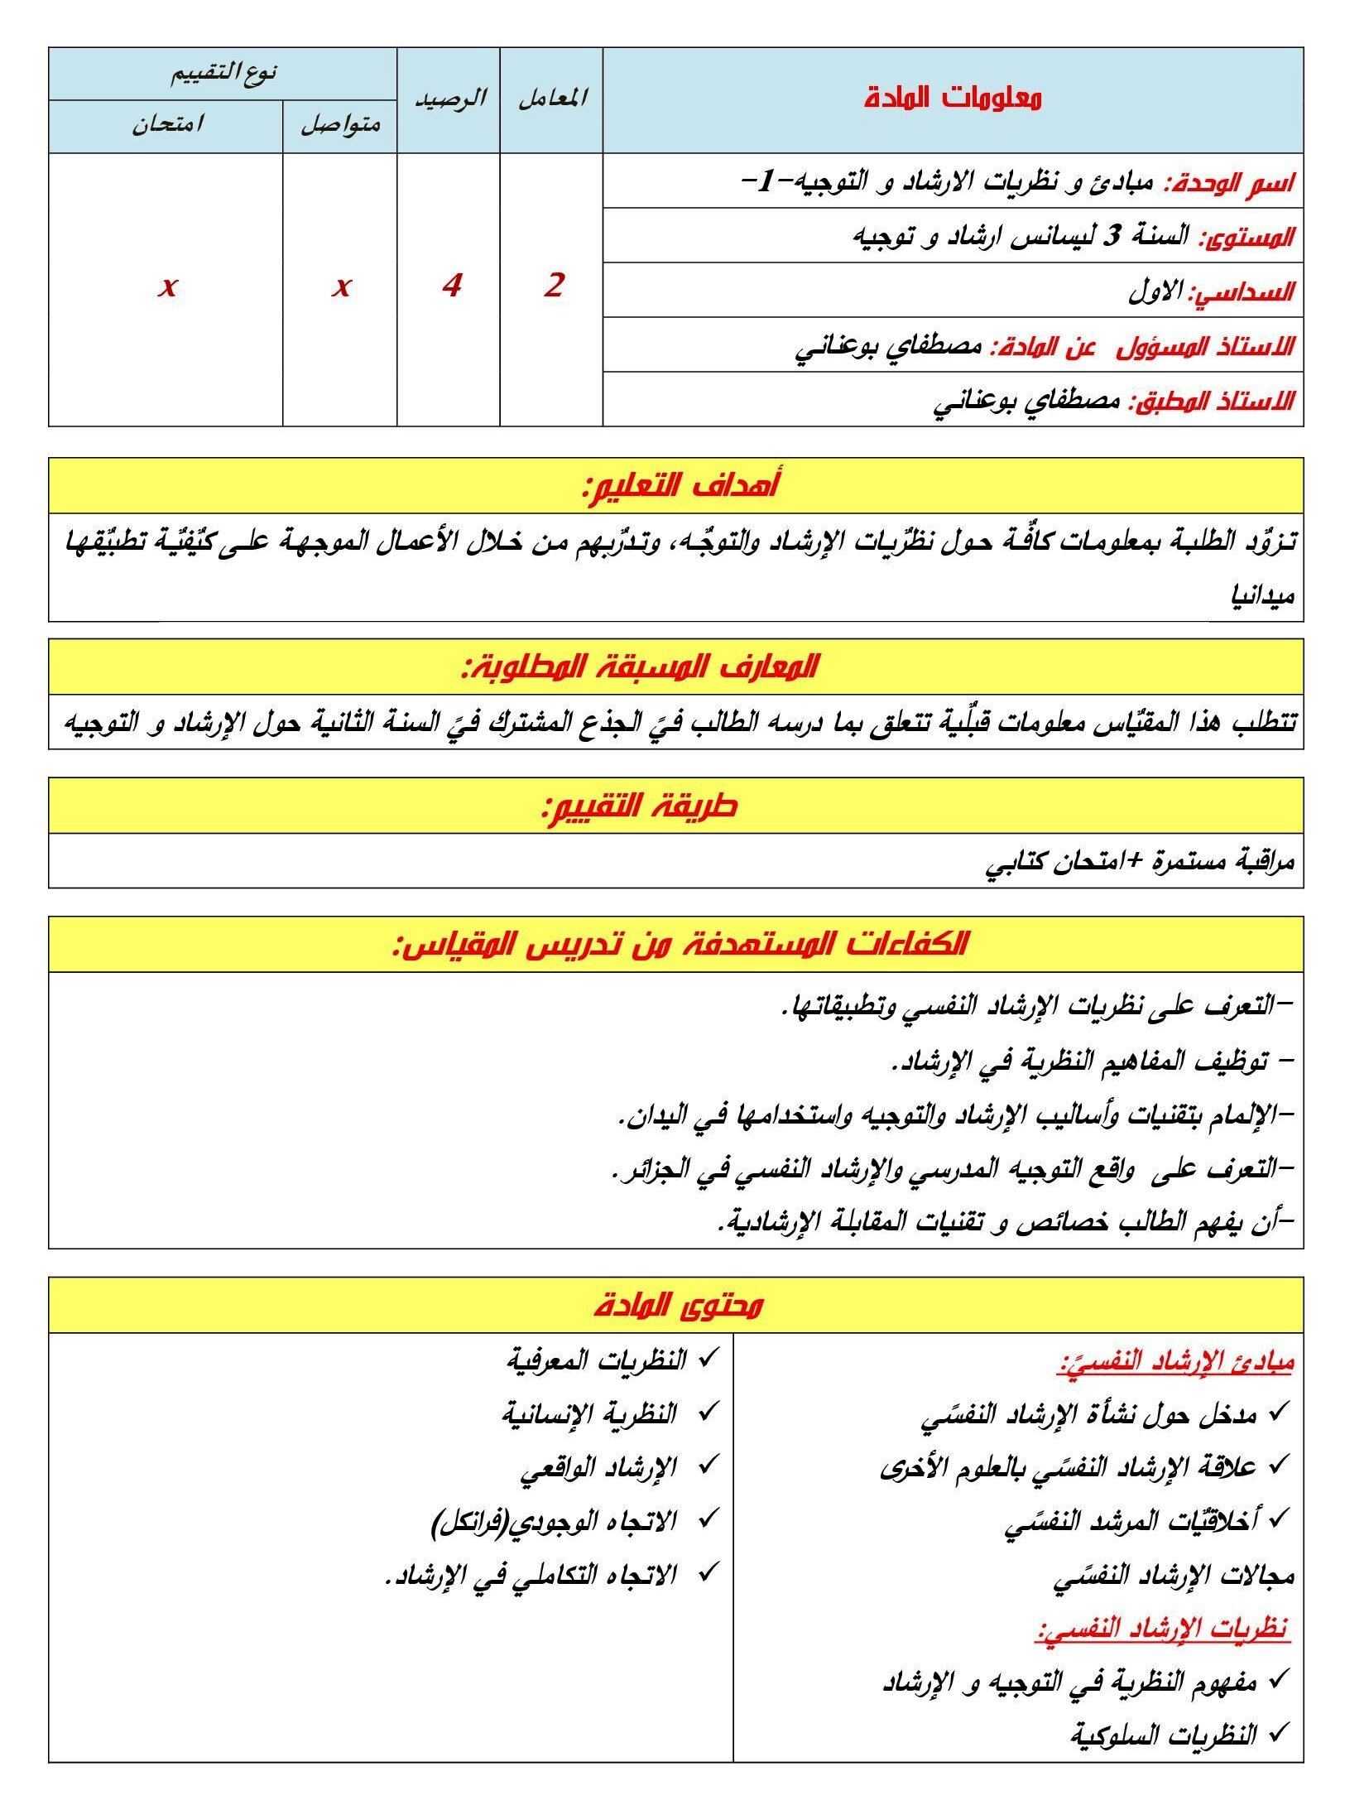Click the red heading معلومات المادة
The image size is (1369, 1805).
(x=952, y=99)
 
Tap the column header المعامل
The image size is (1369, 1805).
(x=552, y=99)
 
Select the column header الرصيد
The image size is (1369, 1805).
(x=449, y=99)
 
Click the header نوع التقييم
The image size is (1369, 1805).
(x=223, y=73)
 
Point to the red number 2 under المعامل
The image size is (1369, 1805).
(x=553, y=286)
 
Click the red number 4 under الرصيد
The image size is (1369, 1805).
(x=450, y=286)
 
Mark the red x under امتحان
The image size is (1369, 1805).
(x=168, y=286)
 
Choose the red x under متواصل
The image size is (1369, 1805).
(x=341, y=286)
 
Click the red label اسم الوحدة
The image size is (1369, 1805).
(x=1229, y=182)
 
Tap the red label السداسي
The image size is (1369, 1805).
(x=1242, y=291)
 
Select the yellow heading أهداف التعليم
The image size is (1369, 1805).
(x=680, y=485)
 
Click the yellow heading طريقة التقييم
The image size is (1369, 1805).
(x=638, y=806)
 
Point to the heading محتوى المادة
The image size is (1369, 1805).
(x=678, y=1306)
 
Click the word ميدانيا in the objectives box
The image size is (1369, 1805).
(x=1262, y=595)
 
